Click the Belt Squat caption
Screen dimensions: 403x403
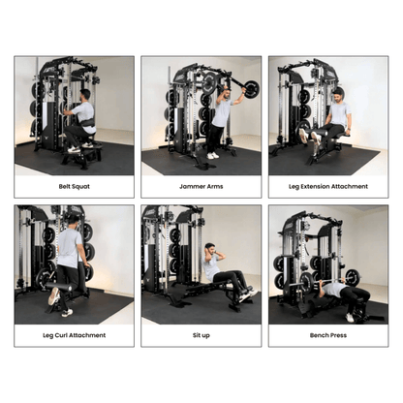74,185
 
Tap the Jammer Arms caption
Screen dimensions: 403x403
201,185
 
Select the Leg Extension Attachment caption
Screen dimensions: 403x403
328,185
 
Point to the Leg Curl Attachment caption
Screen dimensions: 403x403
74,334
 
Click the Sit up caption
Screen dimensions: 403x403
201,334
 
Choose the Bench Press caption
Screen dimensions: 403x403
328,334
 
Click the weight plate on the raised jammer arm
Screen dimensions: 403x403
251,89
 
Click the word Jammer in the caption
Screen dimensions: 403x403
192,185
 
